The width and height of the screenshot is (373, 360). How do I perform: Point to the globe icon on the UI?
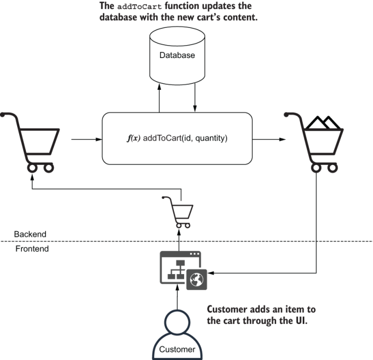196,279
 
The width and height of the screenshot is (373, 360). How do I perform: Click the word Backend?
30,234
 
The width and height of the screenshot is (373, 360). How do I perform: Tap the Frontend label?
32,249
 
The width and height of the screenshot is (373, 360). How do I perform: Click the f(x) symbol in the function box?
134,139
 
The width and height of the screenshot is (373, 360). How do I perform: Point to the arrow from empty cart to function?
86,139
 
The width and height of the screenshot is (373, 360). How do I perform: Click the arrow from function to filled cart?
268,139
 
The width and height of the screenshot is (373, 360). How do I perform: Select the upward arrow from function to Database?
159,99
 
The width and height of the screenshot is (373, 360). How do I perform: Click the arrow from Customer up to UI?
177,298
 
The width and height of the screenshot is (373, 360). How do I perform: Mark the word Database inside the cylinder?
177,55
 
